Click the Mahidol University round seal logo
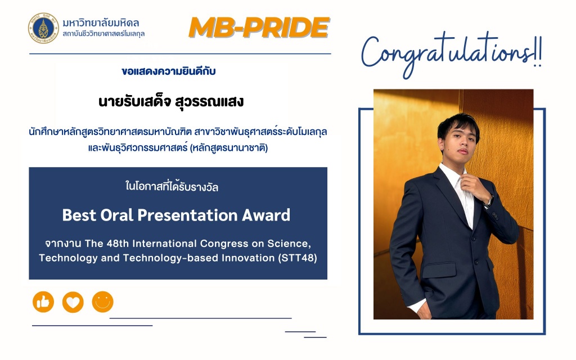[43, 28]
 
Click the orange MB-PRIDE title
[259, 28]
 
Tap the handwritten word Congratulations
[446, 53]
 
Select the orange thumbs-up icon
[43, 302]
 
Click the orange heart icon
[73, 302]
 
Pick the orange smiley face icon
[102, 302]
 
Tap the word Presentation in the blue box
[187, 215]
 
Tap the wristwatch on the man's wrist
[488, 202]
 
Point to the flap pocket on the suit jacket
[439, 270]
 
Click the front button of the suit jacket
[476, 262]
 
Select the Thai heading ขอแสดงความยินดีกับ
[169, 71]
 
